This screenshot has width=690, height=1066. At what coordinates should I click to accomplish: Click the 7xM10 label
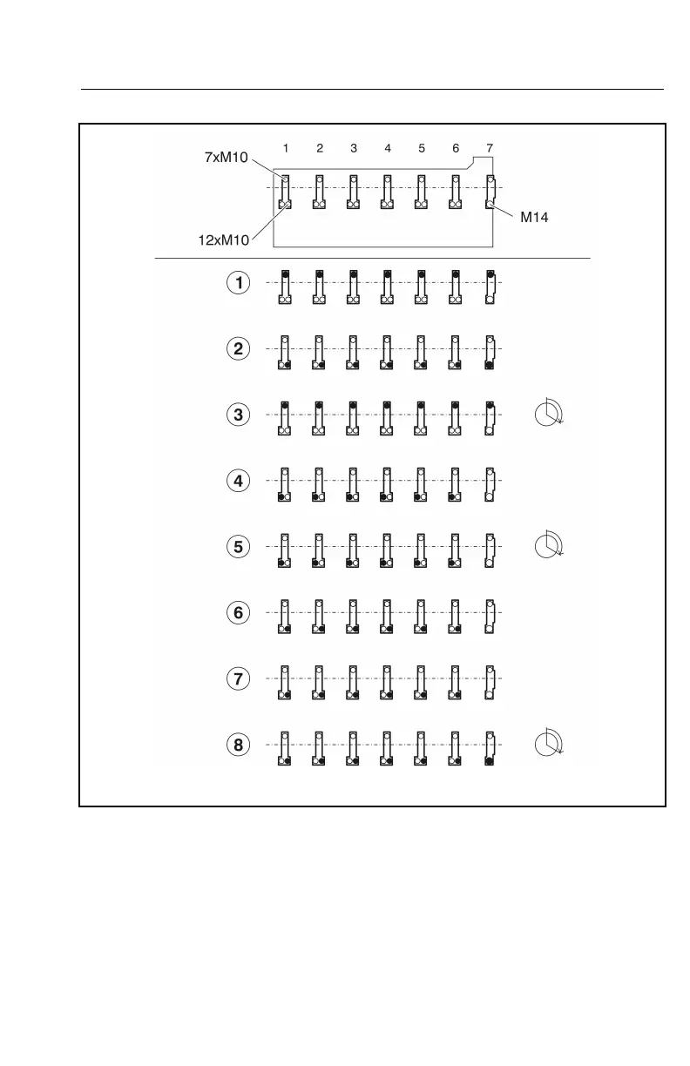pos(225,158)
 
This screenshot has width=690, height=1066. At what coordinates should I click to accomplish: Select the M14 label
pos(534,218)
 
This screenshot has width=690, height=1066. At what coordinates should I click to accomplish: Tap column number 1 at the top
pos(286,148)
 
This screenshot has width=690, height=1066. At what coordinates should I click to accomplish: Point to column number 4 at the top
pos(388,148)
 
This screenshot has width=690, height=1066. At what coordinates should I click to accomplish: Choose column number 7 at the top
pos(490,148)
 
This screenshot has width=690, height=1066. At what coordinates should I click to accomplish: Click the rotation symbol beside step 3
pos(549,413)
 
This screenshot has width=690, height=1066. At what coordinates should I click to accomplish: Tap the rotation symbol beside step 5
pos(549,544)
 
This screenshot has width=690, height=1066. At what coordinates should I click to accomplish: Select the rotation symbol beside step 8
pos(549,743)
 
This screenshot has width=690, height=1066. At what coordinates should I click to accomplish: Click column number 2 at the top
pos(320,148)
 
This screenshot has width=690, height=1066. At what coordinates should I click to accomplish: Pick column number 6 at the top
pos(456,148)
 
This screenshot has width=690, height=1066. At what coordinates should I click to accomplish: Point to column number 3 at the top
pos(354,148)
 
